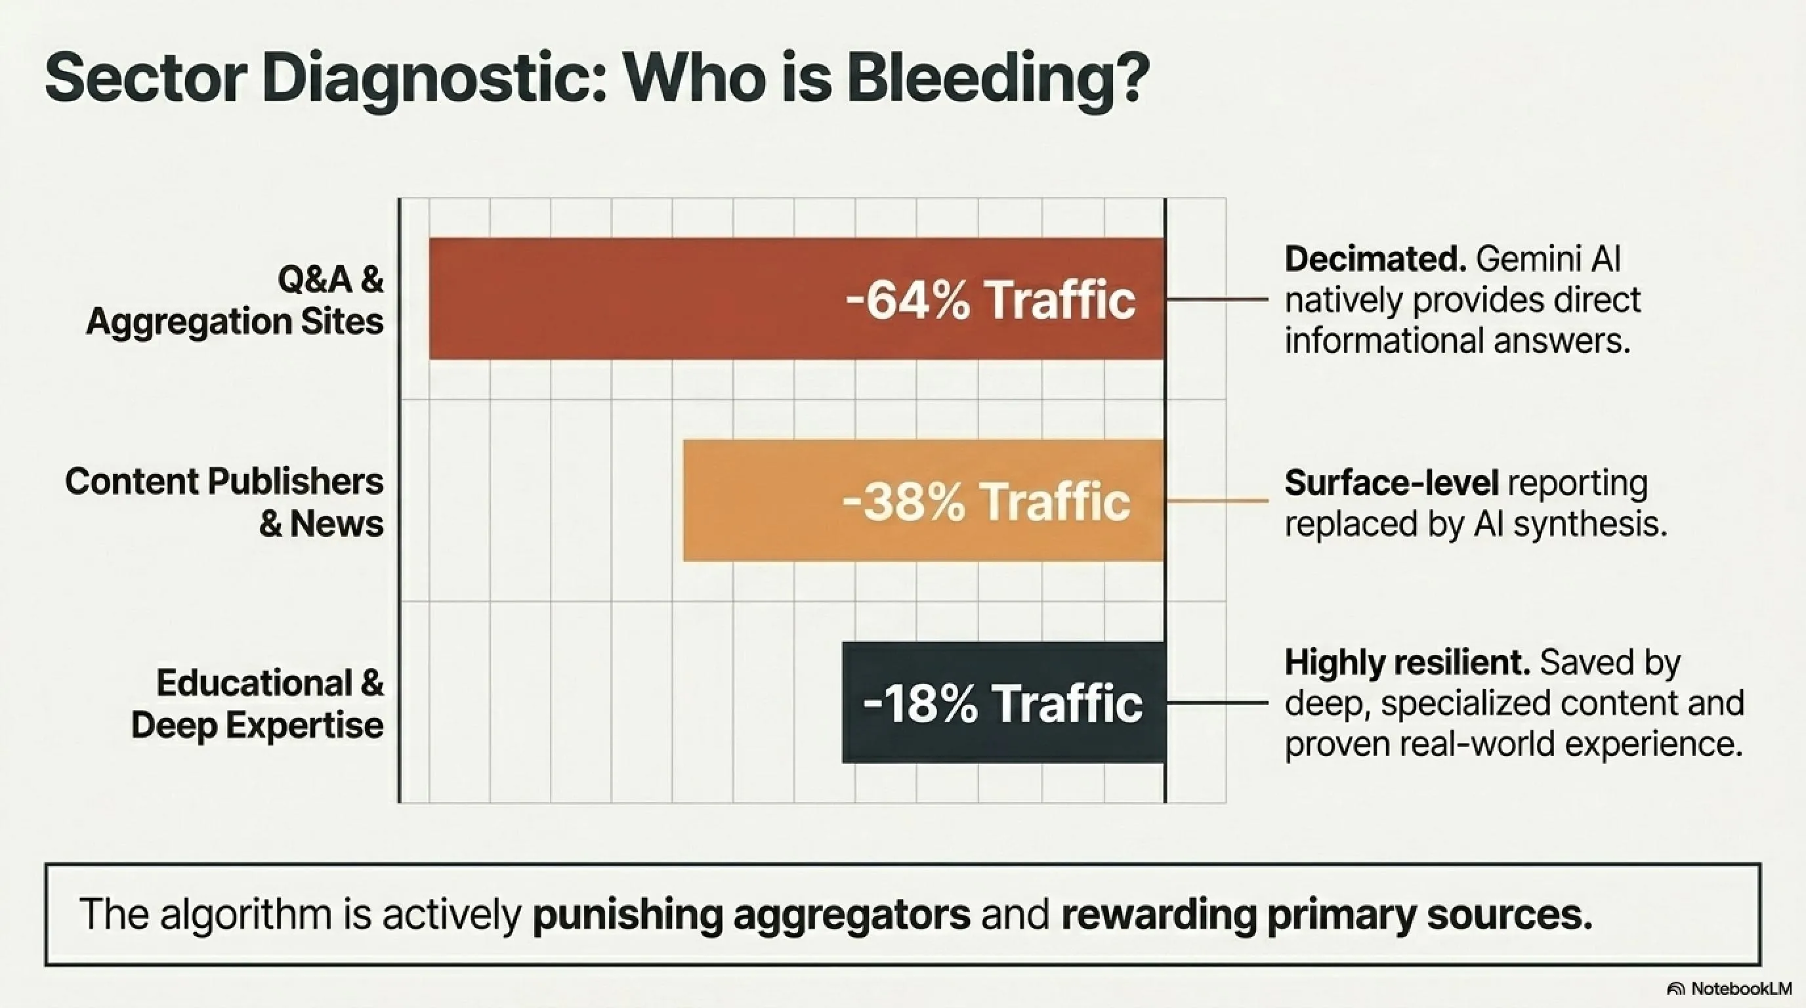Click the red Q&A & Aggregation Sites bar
(797, 299)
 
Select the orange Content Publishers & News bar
(924, 501)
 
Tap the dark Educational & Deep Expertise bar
(1003, 702)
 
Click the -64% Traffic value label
(990, 300)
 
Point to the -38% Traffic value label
(986, 502)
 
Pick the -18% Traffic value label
(1003, 703)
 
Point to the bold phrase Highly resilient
(1407, 663)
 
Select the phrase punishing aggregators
(751, 915)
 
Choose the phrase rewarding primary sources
(1326, 915)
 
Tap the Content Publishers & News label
(224, 502)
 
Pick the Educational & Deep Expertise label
(257, 703)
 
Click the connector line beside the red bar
(1217, 299)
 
